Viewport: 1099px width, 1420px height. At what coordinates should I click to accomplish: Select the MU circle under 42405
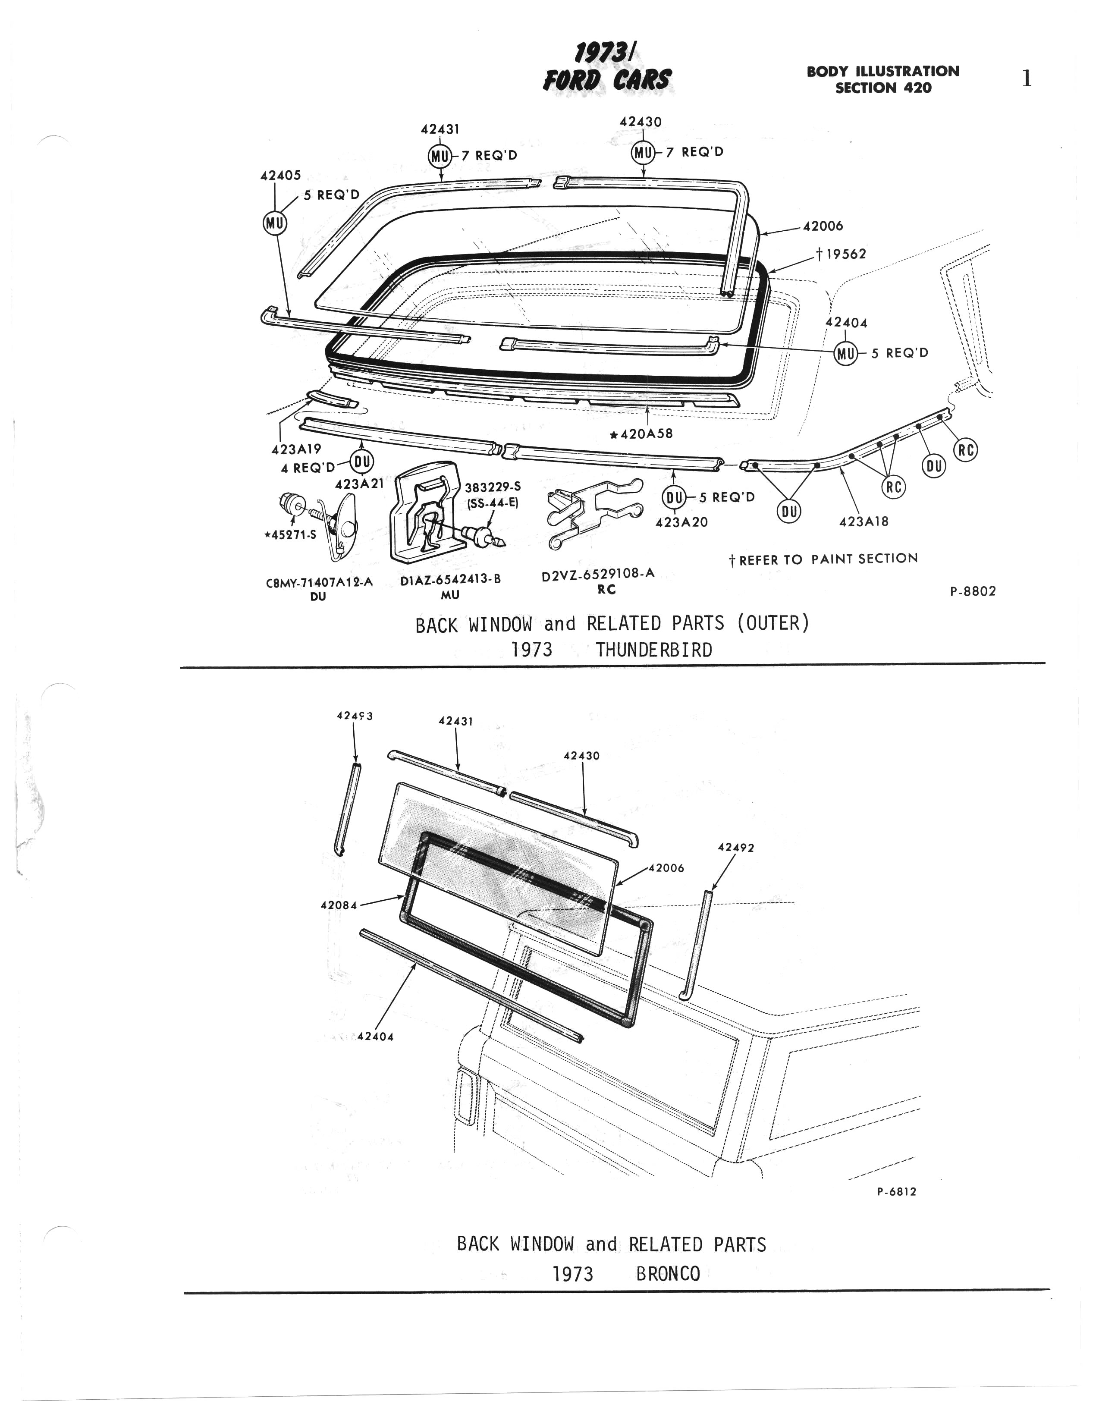[274, 223]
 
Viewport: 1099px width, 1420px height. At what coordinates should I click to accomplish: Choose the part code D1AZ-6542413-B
[450, 579]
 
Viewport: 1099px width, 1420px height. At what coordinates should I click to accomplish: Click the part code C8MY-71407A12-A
[319, 583]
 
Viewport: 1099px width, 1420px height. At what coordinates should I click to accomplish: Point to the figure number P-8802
[973, 591]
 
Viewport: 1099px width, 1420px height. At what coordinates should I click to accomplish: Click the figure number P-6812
[896, 1192]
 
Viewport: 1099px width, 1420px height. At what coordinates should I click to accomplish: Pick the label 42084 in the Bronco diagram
[339, 905]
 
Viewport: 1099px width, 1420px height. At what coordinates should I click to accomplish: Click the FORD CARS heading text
[607, 80]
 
